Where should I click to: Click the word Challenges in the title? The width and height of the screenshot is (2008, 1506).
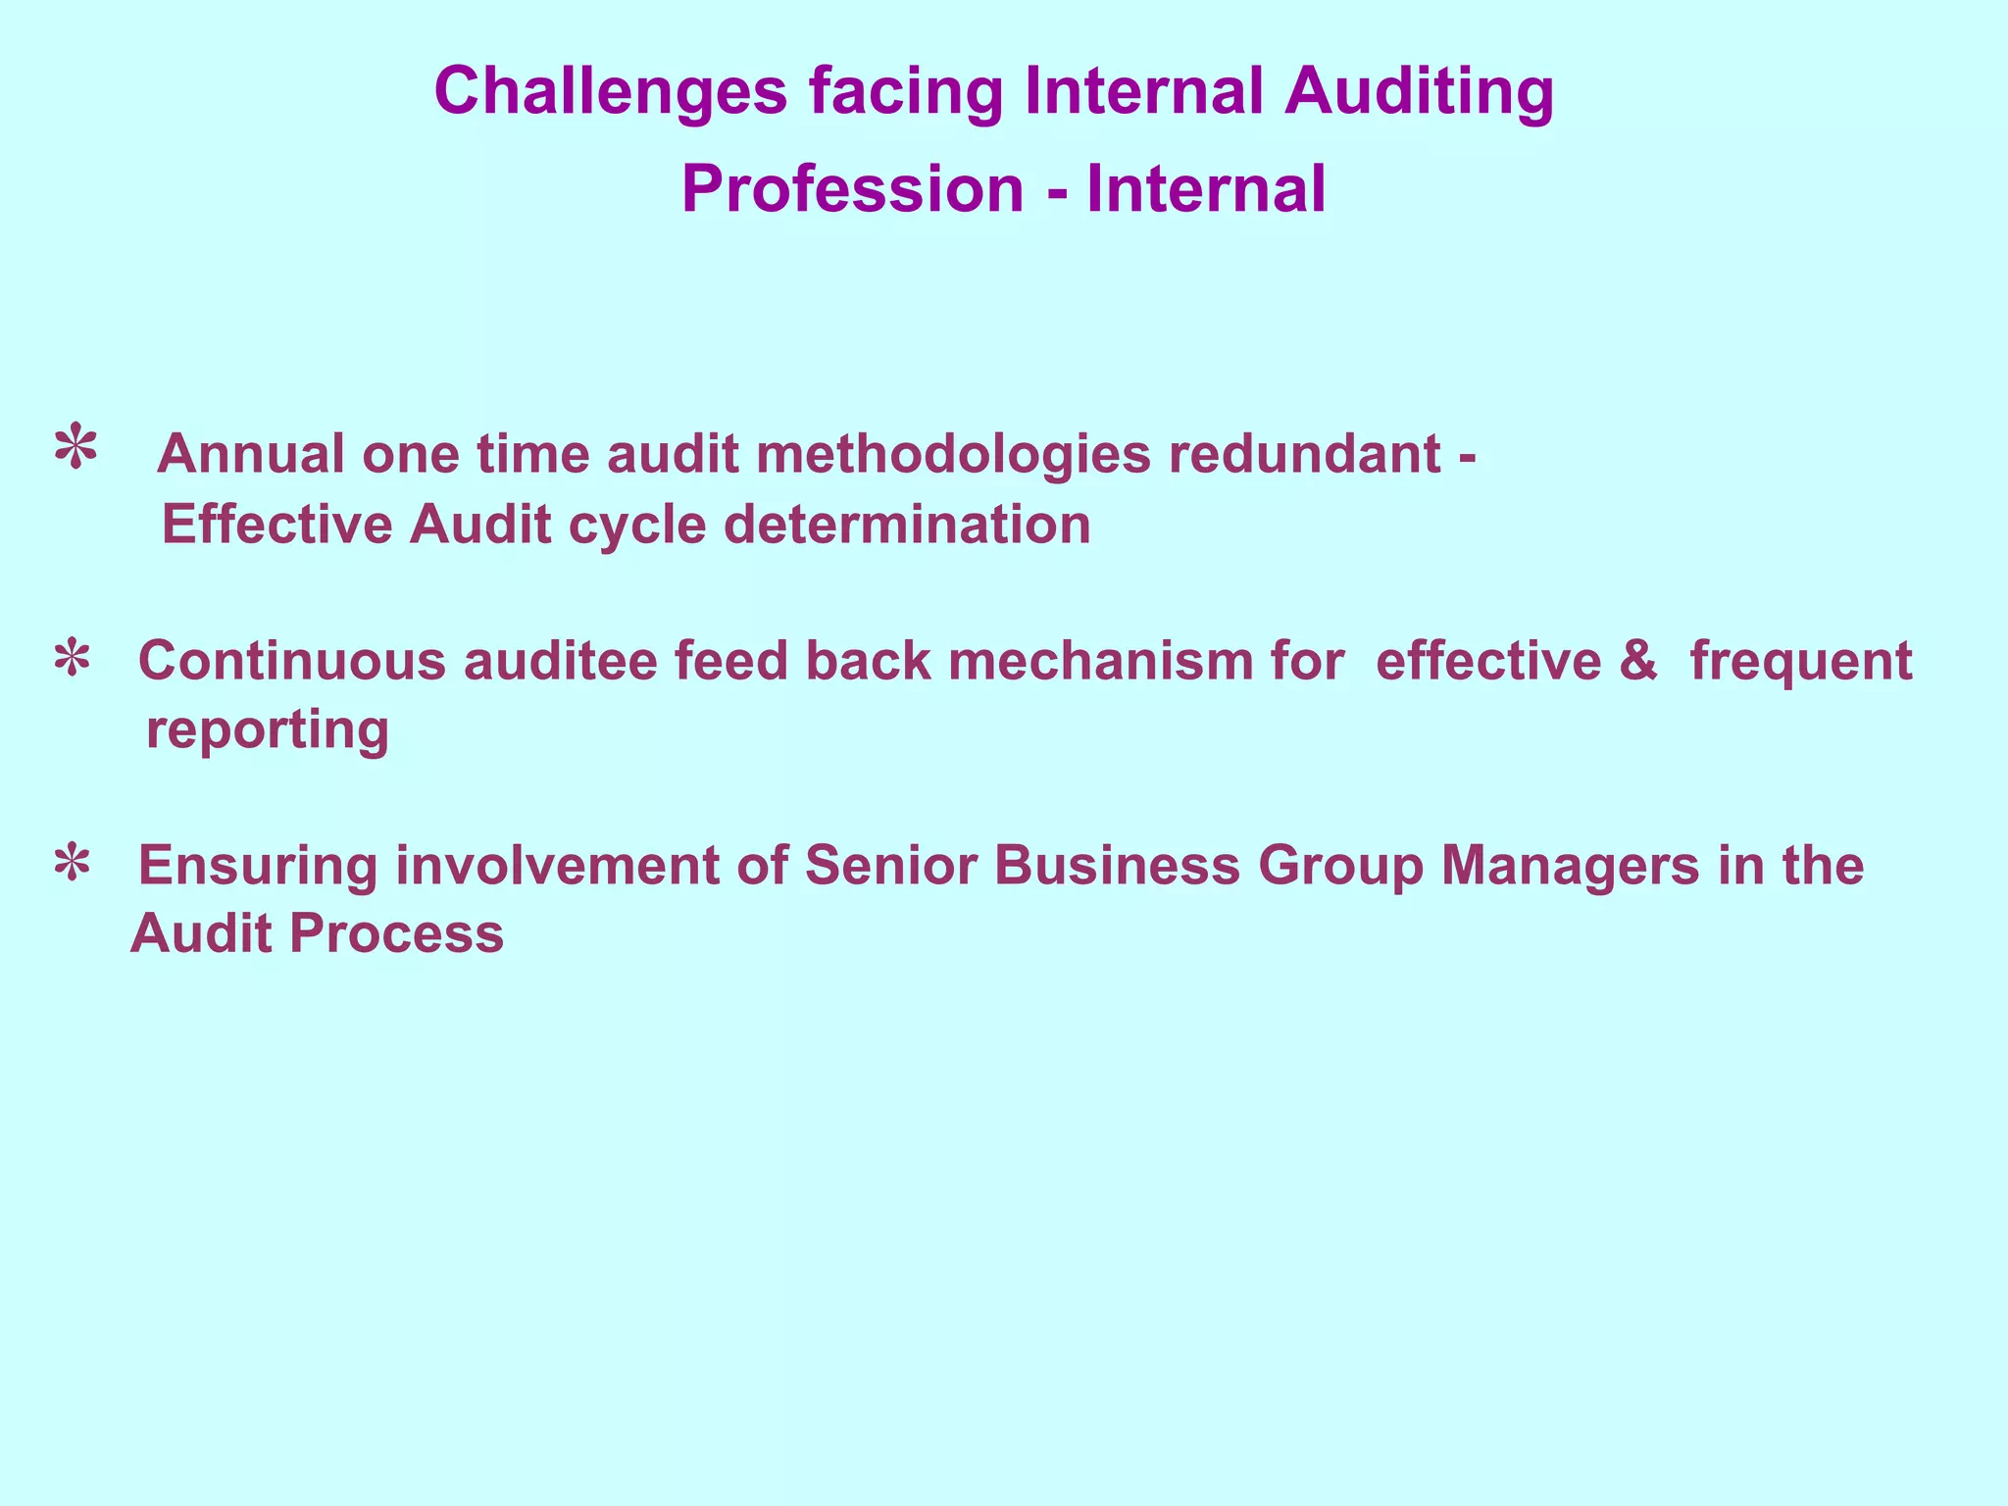pyautogui.click(x=610, y=92)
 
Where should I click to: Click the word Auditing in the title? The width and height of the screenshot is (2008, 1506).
pyautogui.click(x=1420, y=92)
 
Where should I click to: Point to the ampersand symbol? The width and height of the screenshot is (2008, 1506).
pyautogui.click(x=1638, y=661)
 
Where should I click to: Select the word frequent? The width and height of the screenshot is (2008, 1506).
pyautogui.click(x=1800, y=661)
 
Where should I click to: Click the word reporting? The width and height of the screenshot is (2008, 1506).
pyautogui.click(x=268, y=730)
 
